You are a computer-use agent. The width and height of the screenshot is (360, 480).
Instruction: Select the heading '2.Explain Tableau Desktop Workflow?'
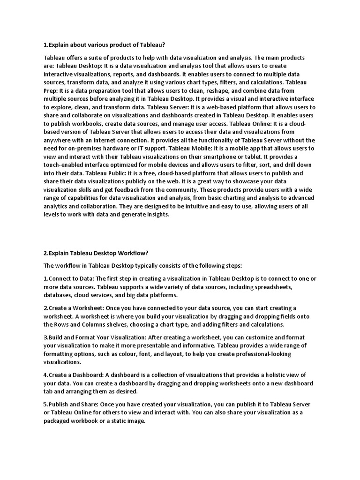click(96, 254)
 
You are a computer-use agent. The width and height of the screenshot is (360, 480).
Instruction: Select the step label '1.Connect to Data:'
click(69, 278)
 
